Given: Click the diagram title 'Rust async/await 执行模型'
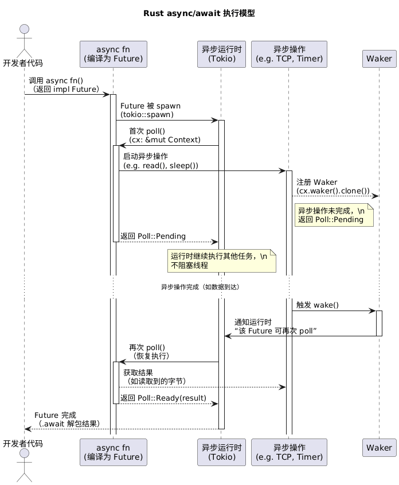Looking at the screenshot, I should tap(199, 13).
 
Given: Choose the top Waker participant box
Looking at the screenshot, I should tap(378, 59).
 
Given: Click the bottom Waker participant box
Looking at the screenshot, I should tap(378, 447).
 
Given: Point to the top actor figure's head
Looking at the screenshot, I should tap(24, 30).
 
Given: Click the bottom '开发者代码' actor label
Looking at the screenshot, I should tap(23, 444).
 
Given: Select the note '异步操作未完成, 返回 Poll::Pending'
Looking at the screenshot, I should tap(334, 215).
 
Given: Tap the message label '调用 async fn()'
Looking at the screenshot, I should tap(56, 81).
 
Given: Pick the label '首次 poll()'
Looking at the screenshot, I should tap(147, 131).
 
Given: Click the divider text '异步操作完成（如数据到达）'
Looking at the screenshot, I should tap(199, 287).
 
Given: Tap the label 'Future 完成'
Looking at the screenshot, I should tap(55, 415).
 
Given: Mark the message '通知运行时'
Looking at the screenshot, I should tap(253, 323).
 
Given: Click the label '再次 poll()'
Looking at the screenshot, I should tap(147, 347).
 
